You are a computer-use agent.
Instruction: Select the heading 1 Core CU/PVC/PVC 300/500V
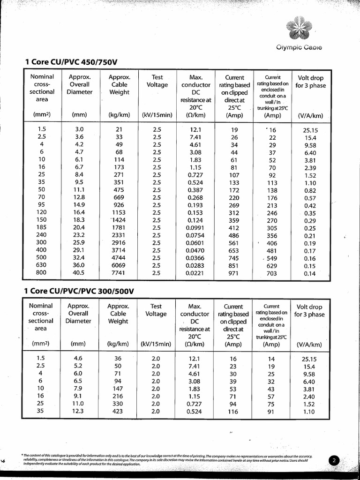[x=79, y=291]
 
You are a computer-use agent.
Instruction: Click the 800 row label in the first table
[x=41, y=273]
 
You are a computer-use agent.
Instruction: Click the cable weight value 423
[x=118, y=412]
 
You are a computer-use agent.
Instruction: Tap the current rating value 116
[x=233, y=412]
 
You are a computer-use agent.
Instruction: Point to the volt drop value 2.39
[x=310, y=168]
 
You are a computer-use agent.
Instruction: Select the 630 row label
[x=41, y=265]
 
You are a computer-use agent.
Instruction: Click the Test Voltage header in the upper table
[x=157, y=81]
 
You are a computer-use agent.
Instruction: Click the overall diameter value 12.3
[x=78, y=412]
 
